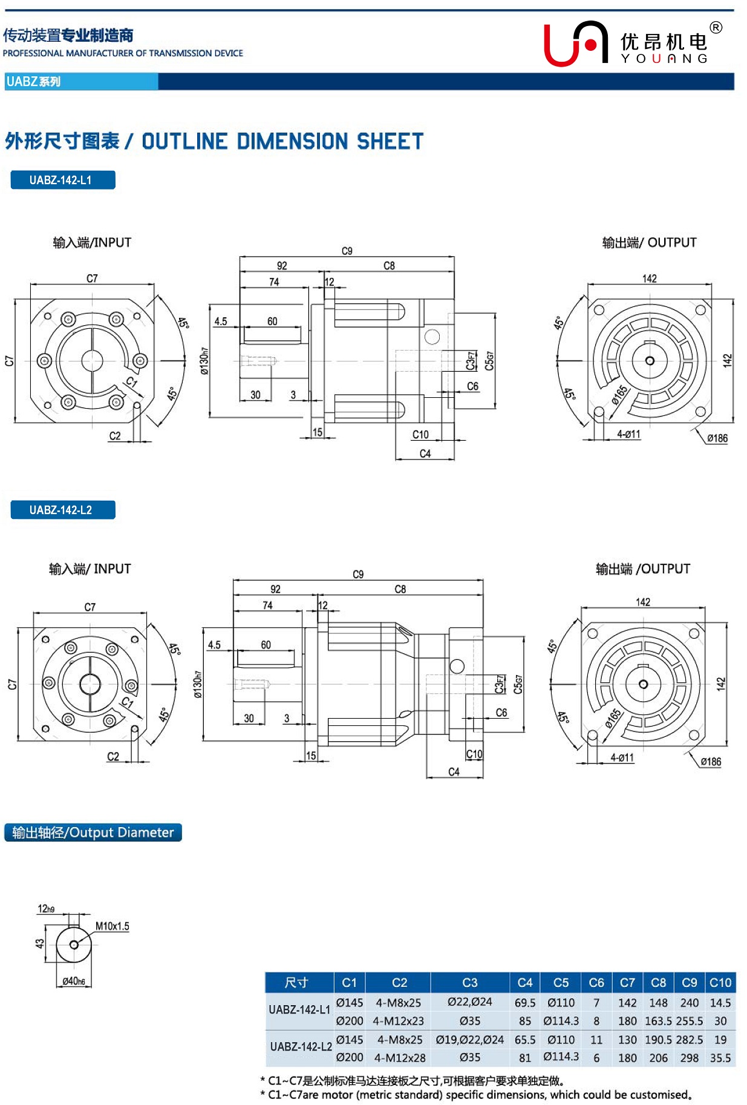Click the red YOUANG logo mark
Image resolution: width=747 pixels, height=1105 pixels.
click(x=575, y=43)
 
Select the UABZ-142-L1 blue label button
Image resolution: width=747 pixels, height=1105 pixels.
click(x=62, y=180)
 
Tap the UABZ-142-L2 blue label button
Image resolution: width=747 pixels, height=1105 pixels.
click(x=62, y=510)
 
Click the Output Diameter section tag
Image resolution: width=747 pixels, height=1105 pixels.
click(x=93, y=833)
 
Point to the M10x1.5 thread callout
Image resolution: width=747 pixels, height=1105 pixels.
click(x=112, y=926)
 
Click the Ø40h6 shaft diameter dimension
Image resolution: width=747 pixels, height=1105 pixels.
click(x=74, y=981)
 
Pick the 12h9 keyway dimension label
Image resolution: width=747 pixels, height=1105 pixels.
click(x=46, y=909)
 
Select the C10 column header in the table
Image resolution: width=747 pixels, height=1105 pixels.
click(x=720, y=982)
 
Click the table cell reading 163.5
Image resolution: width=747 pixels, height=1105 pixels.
click(x=658, y=1021)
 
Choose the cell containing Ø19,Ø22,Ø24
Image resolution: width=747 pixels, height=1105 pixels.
click(x=469, y=1040)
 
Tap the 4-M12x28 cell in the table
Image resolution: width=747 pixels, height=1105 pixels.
click(x=399, y=1058)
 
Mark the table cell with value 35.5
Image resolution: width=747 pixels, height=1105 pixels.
click(x=720, y=1058)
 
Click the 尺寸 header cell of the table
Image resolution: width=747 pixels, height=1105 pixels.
click(x=296, y=982)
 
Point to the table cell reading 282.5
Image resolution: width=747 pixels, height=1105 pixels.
click(x=689, y=1040)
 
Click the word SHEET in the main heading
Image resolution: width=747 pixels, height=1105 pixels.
click(x=390, y=141)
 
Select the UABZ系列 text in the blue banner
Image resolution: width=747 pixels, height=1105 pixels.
click(x=33, y=82)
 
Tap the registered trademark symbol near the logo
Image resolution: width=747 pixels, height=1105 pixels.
click(x=716, y=27)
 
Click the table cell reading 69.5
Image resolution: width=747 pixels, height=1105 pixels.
click(x=524, y=1003)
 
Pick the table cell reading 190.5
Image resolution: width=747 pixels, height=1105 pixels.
click(x=658, y=1040)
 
